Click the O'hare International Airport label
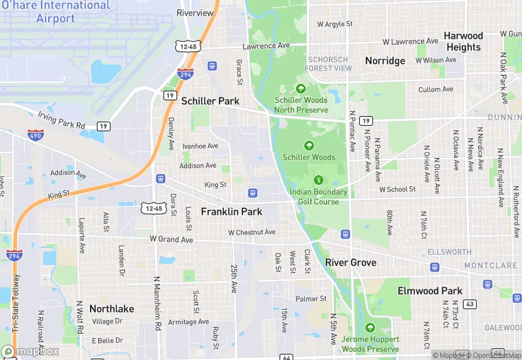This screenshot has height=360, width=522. point(55,12)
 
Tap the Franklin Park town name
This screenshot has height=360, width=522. point(231,212)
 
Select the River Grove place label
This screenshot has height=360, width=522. point(350,262)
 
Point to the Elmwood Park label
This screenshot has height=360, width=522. point(430,291)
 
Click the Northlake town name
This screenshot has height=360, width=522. point(112,308)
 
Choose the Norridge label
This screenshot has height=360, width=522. point(385,60)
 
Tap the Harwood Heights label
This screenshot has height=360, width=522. point(464,41)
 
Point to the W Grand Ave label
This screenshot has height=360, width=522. point(171,239)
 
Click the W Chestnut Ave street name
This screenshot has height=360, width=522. point(251,232)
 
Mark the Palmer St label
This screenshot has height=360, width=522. point(311,299)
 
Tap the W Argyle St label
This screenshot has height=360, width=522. point(334,24)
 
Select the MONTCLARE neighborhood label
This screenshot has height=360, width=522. point(490,265)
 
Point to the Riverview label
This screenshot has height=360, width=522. point(195,13)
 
